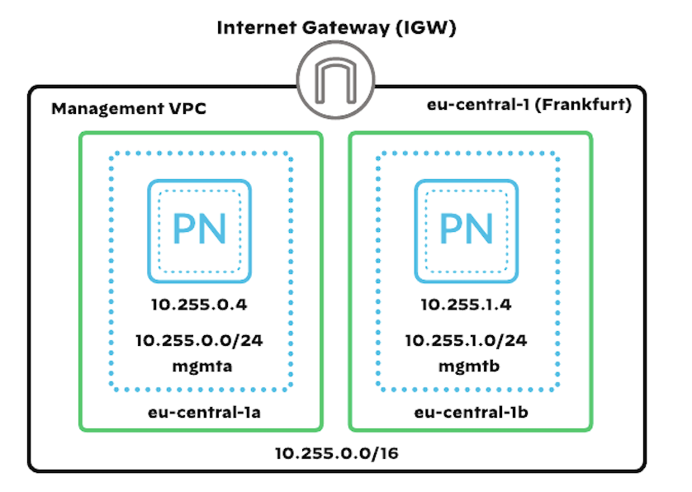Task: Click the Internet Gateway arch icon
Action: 336,82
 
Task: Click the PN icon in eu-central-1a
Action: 198,229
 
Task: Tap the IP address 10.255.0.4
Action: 199,305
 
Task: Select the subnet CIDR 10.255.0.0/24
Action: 199,340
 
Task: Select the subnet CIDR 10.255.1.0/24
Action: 467,340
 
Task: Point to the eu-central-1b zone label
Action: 470,410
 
